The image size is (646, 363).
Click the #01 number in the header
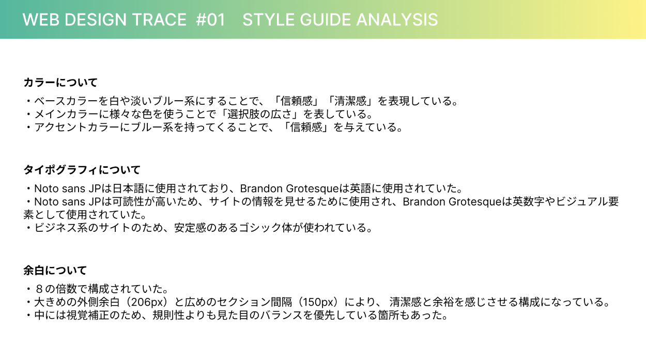coord(210,20)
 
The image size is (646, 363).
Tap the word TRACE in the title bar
coord(160,20)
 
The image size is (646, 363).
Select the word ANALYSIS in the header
coord(397,20)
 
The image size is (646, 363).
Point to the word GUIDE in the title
coord(326,20)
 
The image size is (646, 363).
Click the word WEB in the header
coord(41,20)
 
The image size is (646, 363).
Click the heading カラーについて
coord(60,83)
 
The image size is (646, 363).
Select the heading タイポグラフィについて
coord(82,170)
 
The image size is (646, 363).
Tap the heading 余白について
coord(55,271)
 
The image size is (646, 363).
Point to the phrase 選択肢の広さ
coord(259,114)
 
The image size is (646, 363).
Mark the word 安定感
coord(190,228)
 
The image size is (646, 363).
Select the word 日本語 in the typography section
coord(128,188)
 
